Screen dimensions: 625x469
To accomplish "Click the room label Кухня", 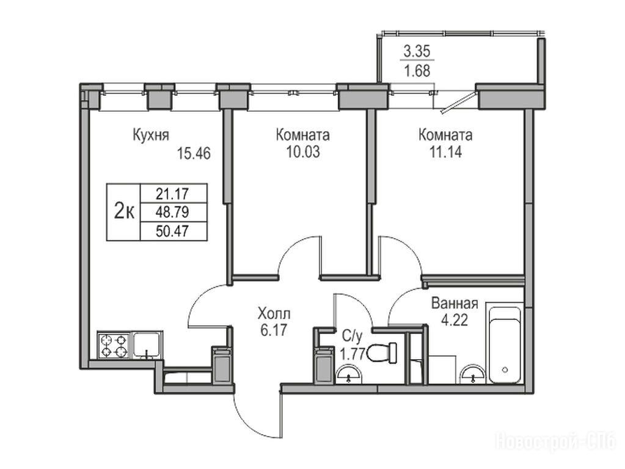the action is click(x=151, y=135).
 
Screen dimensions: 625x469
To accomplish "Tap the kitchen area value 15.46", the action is click(x=194, y=153).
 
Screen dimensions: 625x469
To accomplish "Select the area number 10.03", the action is click(x=303, y=152).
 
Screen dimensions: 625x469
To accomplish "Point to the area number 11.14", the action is click(x=445, y=152).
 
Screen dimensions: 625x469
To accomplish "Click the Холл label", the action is click(x=274, y=314).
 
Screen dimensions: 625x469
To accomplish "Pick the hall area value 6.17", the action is click(x=274, y=330).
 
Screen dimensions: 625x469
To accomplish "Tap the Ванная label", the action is click(x=455, y=304).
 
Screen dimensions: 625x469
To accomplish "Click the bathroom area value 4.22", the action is click(x=455, y=320).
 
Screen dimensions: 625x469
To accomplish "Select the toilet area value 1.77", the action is click(x=352, y=354).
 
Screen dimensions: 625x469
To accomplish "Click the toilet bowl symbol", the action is click(x=382, y=353).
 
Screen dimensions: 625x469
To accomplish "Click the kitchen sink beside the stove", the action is click(x=147, y=344).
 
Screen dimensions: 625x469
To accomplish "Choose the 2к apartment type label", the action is click(x=124, y=211).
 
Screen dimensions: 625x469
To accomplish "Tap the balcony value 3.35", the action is click(x=417, y=51).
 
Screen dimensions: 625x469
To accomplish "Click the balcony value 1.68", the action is click(x=417, y=71).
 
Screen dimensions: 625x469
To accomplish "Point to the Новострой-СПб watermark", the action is click(x=555, y=442).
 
